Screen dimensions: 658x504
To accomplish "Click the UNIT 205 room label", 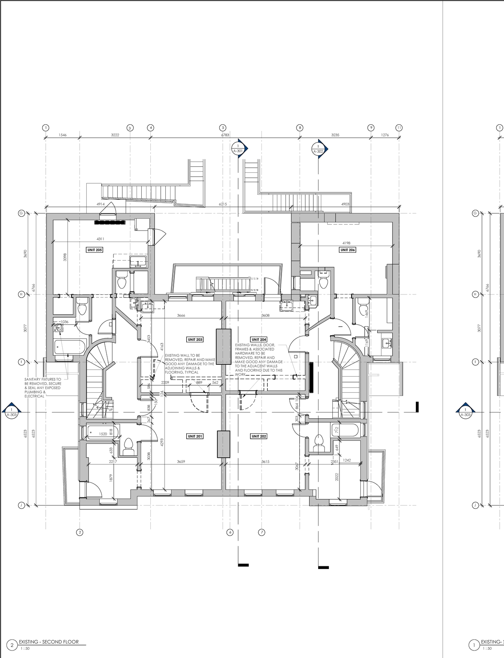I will coord(94,250).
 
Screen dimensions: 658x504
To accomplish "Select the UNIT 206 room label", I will coord(347,250).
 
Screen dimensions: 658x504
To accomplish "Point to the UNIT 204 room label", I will coord(259,339).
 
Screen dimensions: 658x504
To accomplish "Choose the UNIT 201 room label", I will coord(195,436).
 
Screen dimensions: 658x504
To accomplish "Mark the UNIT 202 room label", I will coord(258,436).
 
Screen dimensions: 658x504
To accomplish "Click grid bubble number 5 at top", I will coord(222,128).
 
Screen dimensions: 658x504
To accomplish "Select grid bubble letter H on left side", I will coord(21,294).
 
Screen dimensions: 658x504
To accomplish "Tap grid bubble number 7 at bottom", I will coord(261,532).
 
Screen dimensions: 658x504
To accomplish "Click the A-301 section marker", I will coord(238,148).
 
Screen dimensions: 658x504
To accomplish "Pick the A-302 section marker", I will coord(318,149).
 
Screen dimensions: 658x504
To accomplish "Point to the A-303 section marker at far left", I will coord(12,412).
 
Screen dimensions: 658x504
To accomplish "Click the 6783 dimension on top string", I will coord(225,135).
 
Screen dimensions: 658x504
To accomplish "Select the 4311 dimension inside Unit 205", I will coord(100,238).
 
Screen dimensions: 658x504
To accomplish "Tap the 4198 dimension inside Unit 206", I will coord(346,243).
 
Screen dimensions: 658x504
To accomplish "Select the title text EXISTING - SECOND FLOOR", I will coord(49,642).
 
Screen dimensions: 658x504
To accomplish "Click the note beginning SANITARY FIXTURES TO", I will coord(43,388).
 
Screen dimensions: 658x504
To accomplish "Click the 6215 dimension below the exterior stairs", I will coord(223,204).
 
